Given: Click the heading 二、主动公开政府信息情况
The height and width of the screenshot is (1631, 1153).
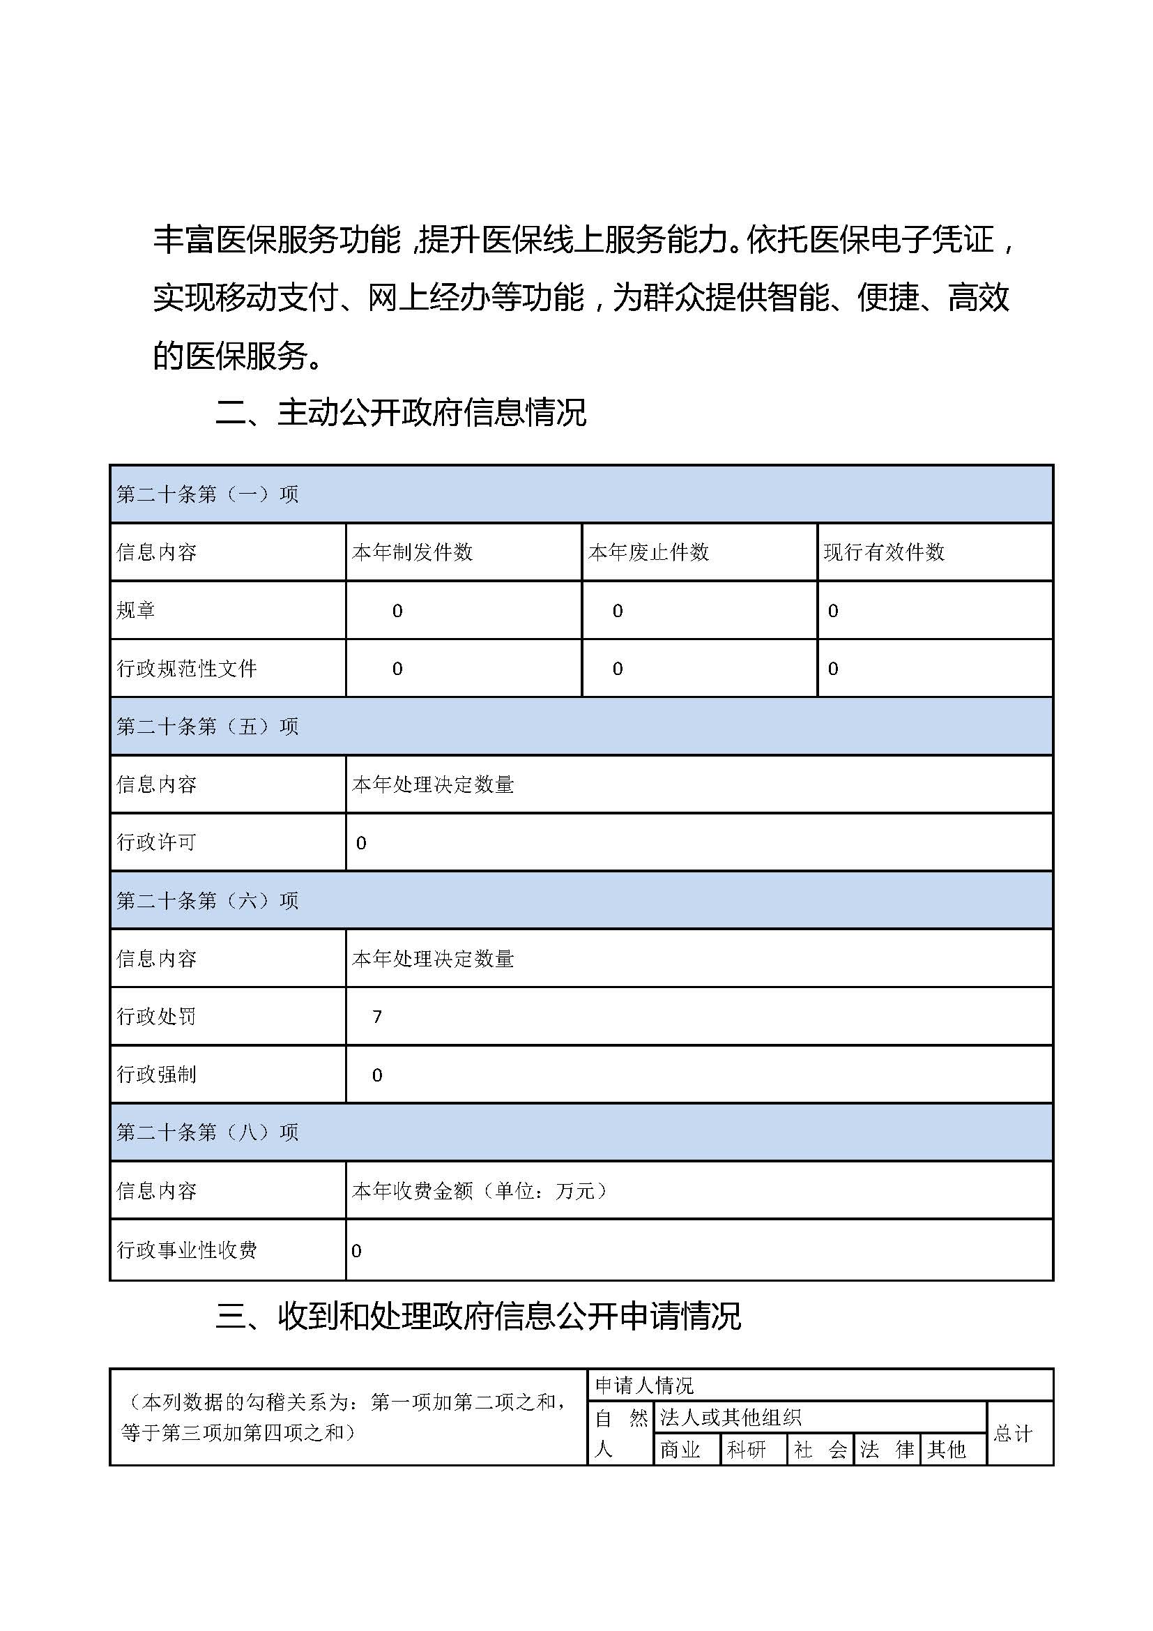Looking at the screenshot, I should tap(401, 413).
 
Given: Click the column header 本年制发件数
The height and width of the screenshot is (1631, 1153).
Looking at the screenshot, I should tap(413, 552).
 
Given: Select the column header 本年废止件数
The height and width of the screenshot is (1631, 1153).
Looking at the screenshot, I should tap(648, 552).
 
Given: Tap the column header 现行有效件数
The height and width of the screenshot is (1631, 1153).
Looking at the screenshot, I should tap(884, 552).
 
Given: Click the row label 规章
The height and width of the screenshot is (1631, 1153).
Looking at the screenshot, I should tap(136, 610).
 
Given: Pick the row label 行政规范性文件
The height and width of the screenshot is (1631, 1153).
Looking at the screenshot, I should tap(187, 669).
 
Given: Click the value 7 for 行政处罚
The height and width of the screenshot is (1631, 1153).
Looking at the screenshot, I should tap(377, 1017).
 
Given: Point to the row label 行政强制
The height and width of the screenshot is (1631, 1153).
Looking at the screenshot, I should tap(156, 1075).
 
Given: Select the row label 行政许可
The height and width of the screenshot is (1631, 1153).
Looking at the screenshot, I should tap(156, 842).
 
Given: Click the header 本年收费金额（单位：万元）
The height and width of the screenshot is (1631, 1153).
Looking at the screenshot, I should tap(480, 1191).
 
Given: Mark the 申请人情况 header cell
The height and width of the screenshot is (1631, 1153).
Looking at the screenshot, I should tap(644, 1386).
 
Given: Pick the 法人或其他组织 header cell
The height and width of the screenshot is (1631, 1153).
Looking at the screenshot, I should tap(731, 1418).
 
